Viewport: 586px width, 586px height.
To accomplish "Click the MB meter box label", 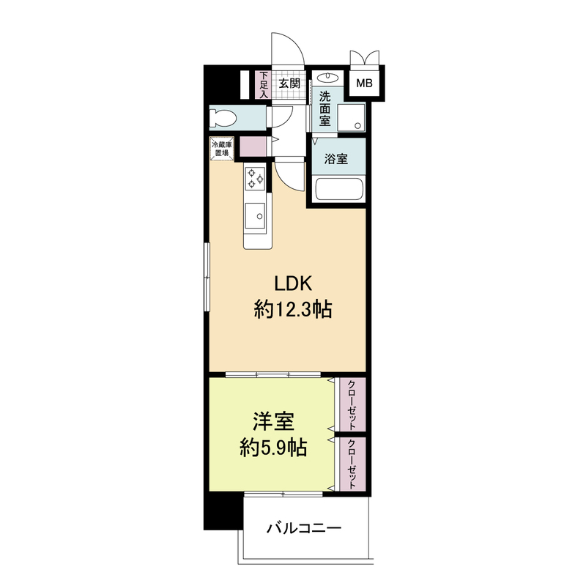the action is pyautogui.click(x=364, y=83).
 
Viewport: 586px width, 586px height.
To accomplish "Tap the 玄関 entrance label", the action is pyautogui.click(x=289, y=83).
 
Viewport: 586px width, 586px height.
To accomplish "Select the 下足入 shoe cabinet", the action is pyautogui.click(x=264, y=85).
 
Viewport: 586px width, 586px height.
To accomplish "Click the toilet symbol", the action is pyautogui.click(x=223, y=117).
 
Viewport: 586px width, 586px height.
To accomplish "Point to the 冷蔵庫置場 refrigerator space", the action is pyautogui.click(x=222, y=149).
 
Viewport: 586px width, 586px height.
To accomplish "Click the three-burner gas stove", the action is pyautogui.click(x=255, y=177).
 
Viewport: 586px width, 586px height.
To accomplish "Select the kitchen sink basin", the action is pyautogui.click(x=255, y=215).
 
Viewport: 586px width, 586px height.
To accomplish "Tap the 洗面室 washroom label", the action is pyautogui.click(x=324, y=108).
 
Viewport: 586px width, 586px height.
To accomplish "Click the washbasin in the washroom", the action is pyautogui.click(x=327, y=78).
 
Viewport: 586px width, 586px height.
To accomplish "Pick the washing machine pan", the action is pyautogui.click(x=351, y=117).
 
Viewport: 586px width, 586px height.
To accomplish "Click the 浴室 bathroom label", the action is pyautogui.click(x=336, y=159).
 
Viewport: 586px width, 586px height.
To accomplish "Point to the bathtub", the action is pyautogui.click(x=339, y=190).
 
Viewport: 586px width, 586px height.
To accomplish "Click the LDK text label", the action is pyautogui.click(x=292, y=283).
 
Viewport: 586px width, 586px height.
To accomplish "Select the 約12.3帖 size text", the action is pyautogui.click(x=293, y=309).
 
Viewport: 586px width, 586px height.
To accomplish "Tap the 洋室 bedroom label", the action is pyautogui.click(x=273, y=422).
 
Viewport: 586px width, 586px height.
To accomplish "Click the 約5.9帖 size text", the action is pyautogui.click(x=273, y=448).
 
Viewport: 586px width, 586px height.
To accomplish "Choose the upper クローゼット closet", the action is pyautogui.click(x=352, y=405).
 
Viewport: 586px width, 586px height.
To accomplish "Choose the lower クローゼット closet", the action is pyautogui.click(x=352, y=464).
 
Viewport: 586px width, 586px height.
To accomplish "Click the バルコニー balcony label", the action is pyautogui.click(x=304, y=528).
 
